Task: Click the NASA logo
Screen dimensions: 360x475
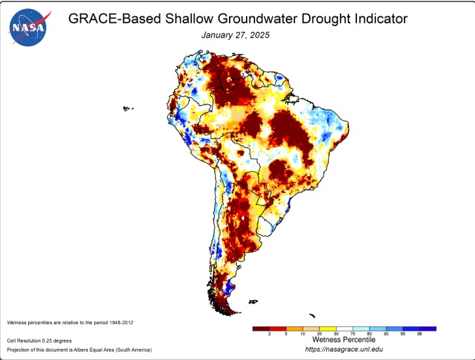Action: (x=27, y=27)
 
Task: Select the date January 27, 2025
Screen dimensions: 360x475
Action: (x=235, y=34)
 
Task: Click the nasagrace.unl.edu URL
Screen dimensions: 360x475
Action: (x=343, y=350)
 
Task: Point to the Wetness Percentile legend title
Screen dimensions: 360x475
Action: (x=343, y=340)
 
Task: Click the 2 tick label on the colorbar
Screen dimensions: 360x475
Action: (x=269, y=334)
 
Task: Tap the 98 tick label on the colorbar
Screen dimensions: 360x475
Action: (x=420, y=334)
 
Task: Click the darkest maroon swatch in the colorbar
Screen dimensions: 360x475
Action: (x=260, y=328)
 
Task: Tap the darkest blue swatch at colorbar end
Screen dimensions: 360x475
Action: (x=428, y=328)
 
